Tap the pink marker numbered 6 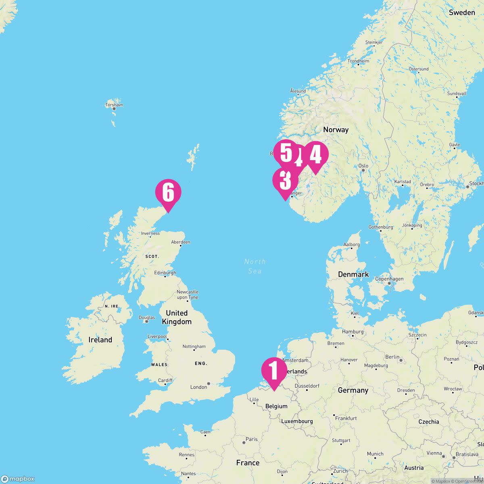coord(168,193)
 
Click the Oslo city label coord(363,166)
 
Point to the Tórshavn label coord(114,105)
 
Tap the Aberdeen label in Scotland coord(180,242)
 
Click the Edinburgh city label coord(165,273)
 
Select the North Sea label coord(255,266)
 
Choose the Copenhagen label coord(389,279)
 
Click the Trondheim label coord(358,61)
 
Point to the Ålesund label coord(298,91)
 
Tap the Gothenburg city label coord(380,227)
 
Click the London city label coord(198,387)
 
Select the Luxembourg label coord(297,421)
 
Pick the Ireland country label coord(100,340)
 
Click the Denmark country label coord(353,274)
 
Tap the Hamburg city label coord(353,332)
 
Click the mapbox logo coord(18,478)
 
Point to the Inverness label coord(150,234)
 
